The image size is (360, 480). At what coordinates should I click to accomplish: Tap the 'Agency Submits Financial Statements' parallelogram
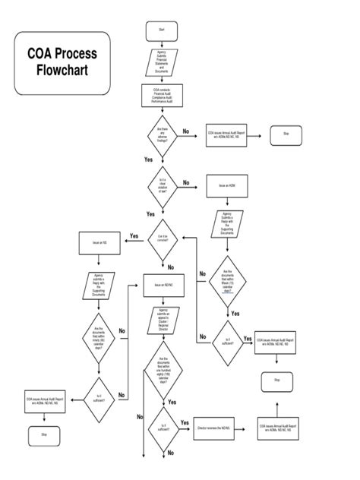pos(161,62)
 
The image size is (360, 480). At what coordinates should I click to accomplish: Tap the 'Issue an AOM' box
pos(227,186)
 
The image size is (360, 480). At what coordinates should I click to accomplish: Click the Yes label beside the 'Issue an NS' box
pos(134,236)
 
